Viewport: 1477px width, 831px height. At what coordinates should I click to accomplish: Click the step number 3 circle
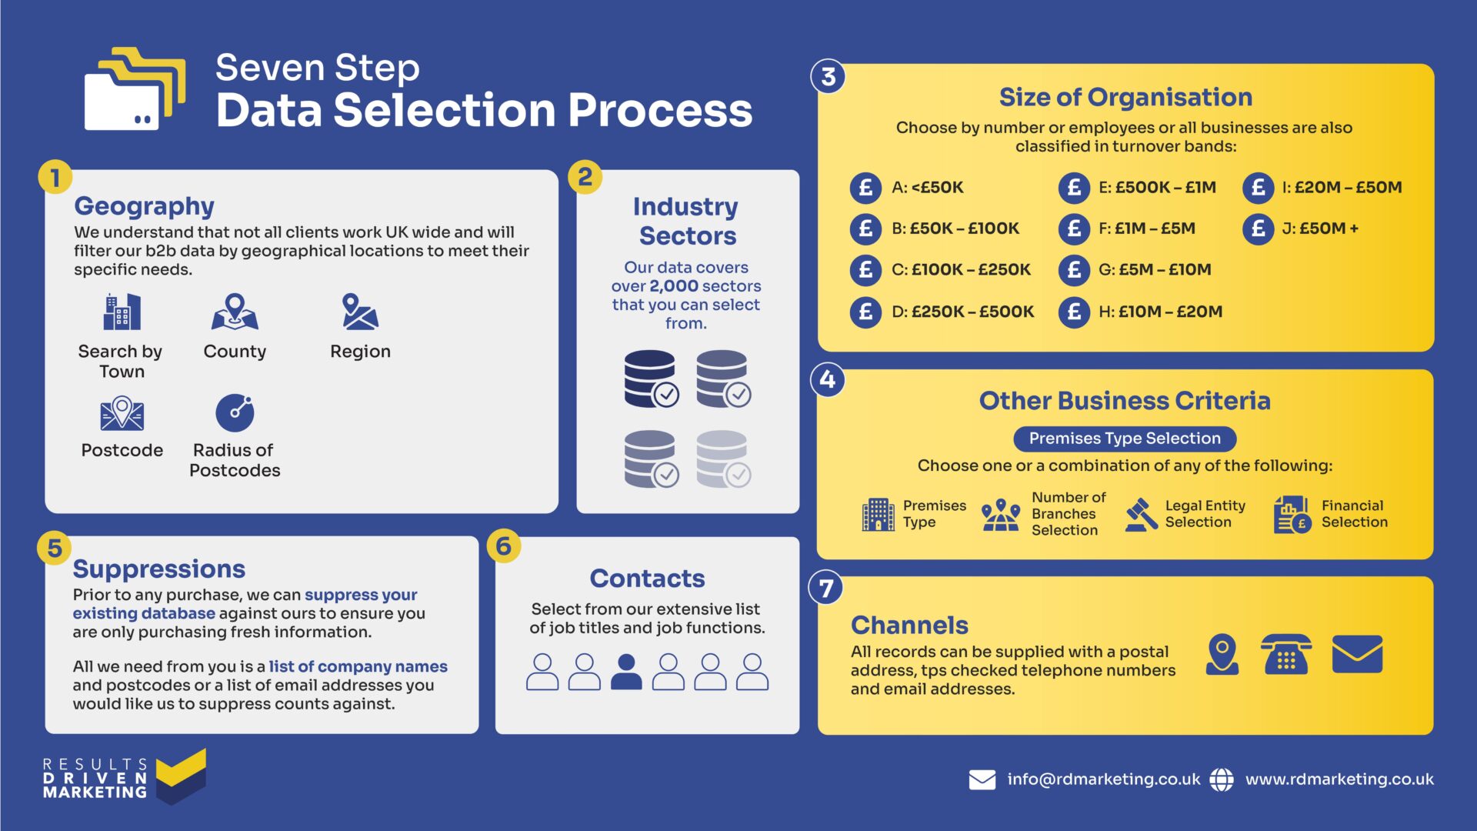(x=828, y=77)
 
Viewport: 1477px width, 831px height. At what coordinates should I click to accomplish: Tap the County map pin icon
(x=235, y=312)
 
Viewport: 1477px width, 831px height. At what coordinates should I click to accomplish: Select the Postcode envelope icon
(x=122, y=413)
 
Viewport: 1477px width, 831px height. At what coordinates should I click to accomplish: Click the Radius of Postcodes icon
(x=235, y=413)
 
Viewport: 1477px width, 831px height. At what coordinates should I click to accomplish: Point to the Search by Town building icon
(x=122, y=312)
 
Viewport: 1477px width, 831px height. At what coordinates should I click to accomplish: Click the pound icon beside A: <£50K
(x=865, y=187)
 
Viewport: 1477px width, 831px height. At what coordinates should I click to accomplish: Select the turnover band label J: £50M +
(x=1320, y=229)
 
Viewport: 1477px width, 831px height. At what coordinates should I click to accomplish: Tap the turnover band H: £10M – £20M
(x=1160, y=312)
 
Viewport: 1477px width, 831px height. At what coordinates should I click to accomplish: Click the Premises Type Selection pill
(x=1125, y=439)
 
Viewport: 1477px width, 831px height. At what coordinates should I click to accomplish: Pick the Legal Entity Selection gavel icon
(x=1141, y=514)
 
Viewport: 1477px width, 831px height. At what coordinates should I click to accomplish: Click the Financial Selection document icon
(x=1292, y=514)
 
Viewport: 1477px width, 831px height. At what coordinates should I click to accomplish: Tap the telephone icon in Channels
(x=1285, y=655)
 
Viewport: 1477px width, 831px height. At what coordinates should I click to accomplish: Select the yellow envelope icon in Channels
(x=1357, y=655)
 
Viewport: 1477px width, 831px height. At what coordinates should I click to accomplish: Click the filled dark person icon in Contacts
(x=626, y=672)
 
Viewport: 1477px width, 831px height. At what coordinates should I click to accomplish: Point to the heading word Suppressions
(x=159, y=569)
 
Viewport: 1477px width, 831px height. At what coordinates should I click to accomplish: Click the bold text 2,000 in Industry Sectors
(x=674, y=286)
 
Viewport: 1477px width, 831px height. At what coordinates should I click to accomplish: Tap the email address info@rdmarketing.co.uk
(x=1103, y=779)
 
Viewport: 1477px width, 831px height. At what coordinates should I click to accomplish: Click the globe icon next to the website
(x=1222, y=779)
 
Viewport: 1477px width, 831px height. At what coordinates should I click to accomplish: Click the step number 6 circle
(x=504, y=546)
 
